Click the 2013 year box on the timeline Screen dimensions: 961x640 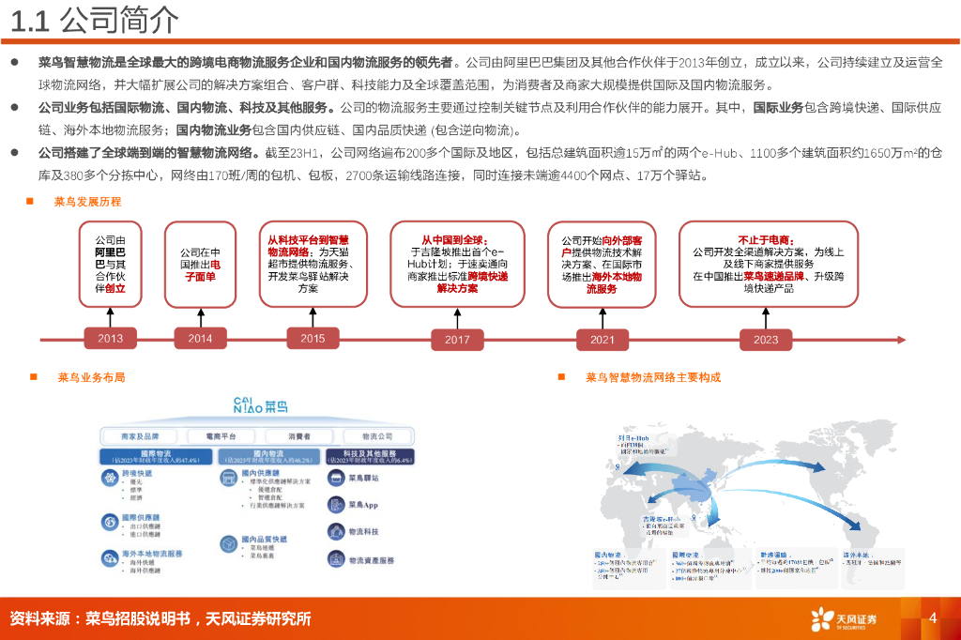[x=110, y=339]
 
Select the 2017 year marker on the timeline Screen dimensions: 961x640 [x=457, y=339]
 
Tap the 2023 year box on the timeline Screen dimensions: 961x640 [x=765, y=339]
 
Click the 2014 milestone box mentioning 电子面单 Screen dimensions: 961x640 [x=200, y=265]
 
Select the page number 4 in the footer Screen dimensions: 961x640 [x=932, y=617]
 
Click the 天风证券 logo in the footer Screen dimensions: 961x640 [x=845, y=618]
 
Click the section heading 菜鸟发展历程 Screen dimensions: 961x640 [x=87, y=202]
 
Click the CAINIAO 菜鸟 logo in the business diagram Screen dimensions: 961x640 [x=260, y=406]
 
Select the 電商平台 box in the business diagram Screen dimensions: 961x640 [x=212, y=436]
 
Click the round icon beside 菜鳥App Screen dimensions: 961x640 [x=335, y=505]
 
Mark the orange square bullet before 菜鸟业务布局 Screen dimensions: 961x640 [x=33, y=377]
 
